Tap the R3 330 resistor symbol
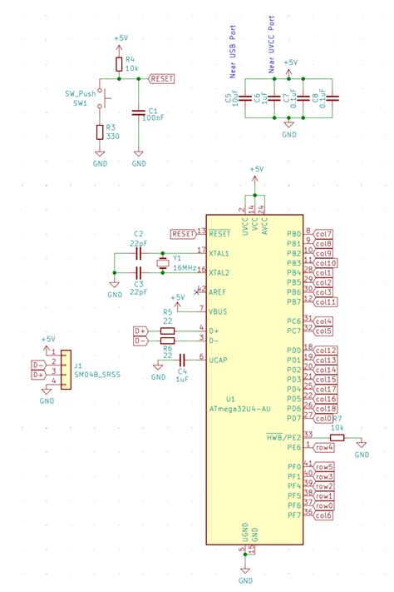tap(100, 132)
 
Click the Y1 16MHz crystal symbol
tap(161, 262)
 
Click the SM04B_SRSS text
tap(96, 376)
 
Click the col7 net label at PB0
tap(323, 233)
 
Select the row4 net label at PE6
tap(323, 447)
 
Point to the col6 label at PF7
tap(323, 515)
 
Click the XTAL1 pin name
tap(219, 251)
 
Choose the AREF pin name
tap(218, 292)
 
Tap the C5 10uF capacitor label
tap(228, 100)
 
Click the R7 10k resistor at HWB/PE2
tap(337, 436)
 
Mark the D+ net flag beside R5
tap(140, 331)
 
